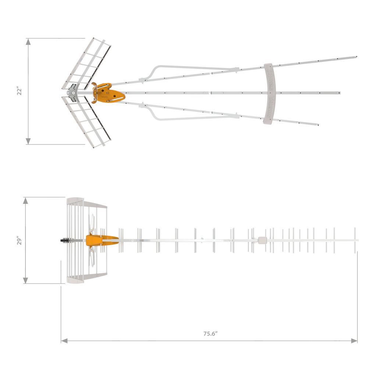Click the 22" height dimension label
click(x=20, y=91)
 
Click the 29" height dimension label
click(x=20, y=241)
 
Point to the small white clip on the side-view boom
click(x=262, y=240)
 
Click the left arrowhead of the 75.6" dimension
click(x=64, y=341)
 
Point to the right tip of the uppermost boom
click(x=356, y=57)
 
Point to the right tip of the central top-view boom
click(x=339, y=93)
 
